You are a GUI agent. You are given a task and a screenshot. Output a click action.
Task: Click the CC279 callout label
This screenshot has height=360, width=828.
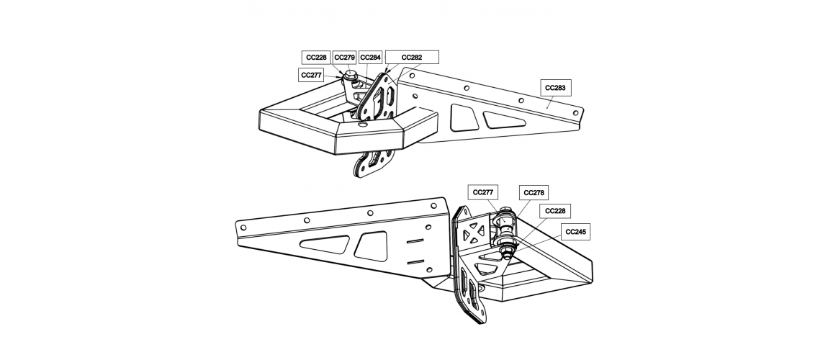pos(344,58)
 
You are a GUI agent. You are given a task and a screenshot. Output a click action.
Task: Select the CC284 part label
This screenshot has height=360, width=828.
pos(370,58)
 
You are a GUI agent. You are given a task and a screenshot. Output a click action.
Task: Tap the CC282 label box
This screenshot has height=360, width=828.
pos(412,58)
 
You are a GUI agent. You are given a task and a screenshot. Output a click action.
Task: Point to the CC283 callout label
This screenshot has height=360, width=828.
pos(556,88)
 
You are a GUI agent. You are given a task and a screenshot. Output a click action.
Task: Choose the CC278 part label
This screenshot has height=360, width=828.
pos(534,193)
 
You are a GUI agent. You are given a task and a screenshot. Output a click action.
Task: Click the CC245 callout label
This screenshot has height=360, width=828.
pos(575,232)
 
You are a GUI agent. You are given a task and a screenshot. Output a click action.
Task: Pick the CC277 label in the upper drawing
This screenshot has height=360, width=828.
pos(311,76)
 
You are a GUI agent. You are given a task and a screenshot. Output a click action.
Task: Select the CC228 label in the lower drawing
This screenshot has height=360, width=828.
pos(555,211)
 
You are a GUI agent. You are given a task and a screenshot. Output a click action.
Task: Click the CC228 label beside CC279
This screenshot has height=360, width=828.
pos(316,58)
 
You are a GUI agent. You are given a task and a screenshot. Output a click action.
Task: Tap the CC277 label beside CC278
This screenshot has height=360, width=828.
pos(483,193)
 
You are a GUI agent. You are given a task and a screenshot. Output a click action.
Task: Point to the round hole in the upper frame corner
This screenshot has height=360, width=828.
pos(361,125)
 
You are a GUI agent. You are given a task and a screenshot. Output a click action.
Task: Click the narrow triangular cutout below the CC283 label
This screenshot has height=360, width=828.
pos(504,120)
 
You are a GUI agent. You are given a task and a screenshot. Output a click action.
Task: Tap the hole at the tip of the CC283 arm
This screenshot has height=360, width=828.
pos(577,112)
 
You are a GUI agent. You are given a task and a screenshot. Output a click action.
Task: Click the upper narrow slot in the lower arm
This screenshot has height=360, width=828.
pos(415,241)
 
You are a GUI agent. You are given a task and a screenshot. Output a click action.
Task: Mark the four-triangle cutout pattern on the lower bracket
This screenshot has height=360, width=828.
pos(473,233)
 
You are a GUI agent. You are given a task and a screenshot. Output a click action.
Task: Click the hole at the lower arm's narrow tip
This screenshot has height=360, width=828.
pos(243,228)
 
